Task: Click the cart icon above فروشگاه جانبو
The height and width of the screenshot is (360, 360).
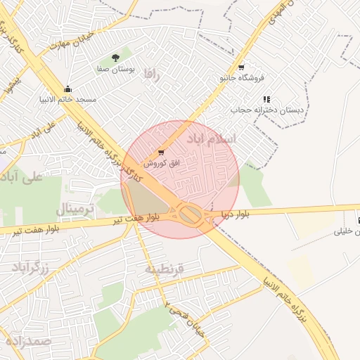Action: click(x=241, y=67)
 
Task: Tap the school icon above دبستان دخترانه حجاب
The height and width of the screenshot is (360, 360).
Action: click(x=266, y=100)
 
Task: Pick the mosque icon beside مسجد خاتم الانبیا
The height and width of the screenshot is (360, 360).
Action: click(x=67, y=89)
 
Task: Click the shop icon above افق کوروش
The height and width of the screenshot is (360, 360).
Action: click(x=161, y=152)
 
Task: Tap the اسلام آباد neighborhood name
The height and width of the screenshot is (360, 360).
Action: click(x=211, y=139)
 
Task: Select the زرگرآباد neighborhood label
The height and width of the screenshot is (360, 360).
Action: click(x=29, y=268)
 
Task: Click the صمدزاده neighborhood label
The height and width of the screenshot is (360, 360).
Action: click(x=29, y=340)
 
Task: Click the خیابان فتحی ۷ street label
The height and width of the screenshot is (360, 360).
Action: click(x=184, y=320)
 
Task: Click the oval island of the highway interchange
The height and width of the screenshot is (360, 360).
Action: click(x=188, y=214)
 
